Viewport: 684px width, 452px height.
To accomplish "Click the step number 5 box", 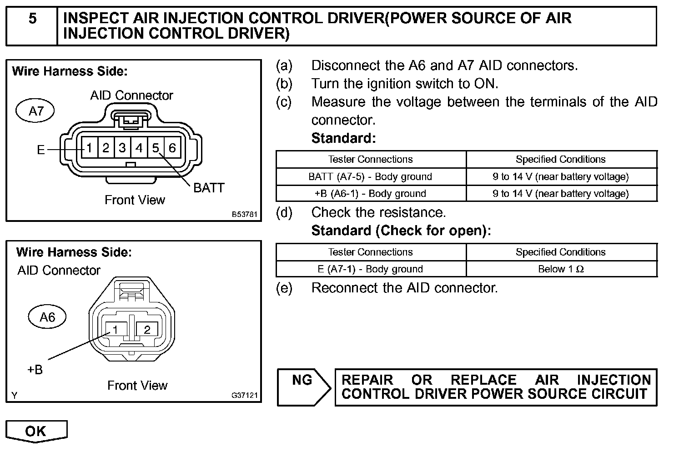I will (x=32, y=26).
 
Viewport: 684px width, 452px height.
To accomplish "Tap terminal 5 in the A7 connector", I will (x=156, y=148).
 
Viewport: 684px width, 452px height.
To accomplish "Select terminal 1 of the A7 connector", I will (x=90, y=148).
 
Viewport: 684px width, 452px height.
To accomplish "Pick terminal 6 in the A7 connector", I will (x=172, y=148).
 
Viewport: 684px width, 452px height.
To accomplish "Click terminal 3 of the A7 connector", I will (x=122, y=148).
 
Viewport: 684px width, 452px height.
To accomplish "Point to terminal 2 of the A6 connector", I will (x=147, y=330).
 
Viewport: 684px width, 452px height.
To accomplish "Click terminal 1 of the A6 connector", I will (x=116, y=330).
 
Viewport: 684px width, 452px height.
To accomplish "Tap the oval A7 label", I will (x=35, y=111).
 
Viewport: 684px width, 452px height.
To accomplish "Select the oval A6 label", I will (x=47, y=317).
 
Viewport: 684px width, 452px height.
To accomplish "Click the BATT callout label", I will (x=209, y=188).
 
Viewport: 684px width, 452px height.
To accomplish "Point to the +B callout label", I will (x=35, y=370).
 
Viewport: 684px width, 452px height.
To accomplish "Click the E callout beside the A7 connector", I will (x=41, y=150).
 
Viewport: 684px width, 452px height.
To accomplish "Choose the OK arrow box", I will (x=36, y=431).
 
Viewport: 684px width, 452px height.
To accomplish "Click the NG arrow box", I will (x=303, y=387).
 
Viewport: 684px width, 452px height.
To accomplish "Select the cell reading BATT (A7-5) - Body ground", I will (x=370, y=176).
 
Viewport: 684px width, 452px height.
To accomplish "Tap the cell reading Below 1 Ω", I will (x=561, y=269).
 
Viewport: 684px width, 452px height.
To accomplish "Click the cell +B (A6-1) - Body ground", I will (x=370, y=194).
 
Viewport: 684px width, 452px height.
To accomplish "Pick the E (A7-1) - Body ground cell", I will (x=370, y=269).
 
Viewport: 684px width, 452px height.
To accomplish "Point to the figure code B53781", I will (x=245, y=214).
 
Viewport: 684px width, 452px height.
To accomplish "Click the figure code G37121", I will (x=245, y=396).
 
